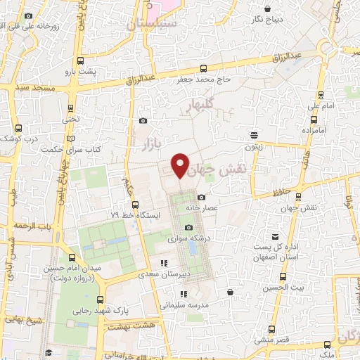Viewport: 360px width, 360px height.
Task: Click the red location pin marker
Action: pos(181,165)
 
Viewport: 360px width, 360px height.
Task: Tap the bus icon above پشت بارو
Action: pos(79,60)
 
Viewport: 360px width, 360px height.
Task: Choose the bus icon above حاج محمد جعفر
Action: pos(203,68)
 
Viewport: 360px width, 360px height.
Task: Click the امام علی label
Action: pos(316,105)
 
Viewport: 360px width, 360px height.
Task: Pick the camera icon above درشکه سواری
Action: pos(188,226)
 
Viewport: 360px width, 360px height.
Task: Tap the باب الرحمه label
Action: pos(35,226)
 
